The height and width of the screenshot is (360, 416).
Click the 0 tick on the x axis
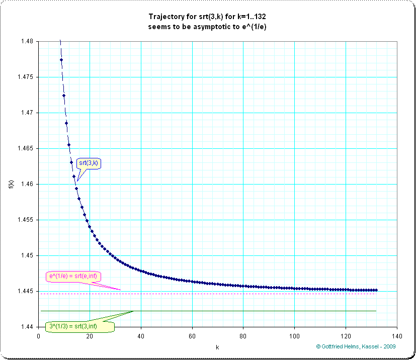pos(38,336)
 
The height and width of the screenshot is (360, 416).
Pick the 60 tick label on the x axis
pos(192,336)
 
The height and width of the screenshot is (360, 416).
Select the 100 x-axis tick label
pos(294,336)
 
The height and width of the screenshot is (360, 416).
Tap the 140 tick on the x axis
pos(396,336)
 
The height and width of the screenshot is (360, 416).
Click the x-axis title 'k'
pos(217,347)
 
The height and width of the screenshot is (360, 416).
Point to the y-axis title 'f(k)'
pos(12,184)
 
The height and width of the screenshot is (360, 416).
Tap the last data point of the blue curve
pos(376,290)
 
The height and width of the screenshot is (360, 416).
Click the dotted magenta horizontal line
pos(226,294)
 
